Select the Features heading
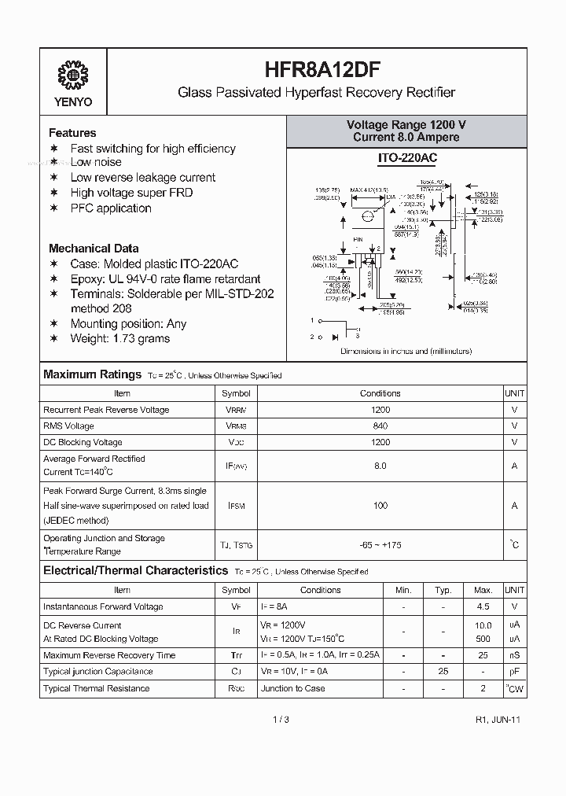[72, 133]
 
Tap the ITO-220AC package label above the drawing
[406, 158]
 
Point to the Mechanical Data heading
[94, 248]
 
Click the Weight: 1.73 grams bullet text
[119, 338]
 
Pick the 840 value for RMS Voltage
[380, 426]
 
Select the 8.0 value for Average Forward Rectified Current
[380, 466]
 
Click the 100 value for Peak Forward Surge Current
[380, 506]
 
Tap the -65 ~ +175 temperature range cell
[380, 544]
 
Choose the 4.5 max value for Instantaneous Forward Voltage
[483, 606]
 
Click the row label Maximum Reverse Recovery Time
[109, 655]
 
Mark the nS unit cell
[514, 655]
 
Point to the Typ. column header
[443, 590]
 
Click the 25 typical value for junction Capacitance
[443, 672]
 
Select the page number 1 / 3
[281, 720]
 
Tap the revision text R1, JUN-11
[498, 720]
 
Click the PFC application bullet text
[111, 208]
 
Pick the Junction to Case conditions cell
[293, 688]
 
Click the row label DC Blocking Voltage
[83, 442]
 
